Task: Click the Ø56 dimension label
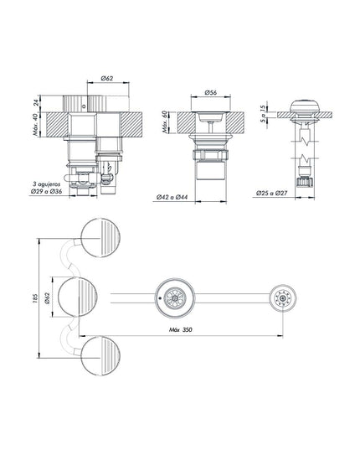pos(211,92)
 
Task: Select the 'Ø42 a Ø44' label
pos(172,197)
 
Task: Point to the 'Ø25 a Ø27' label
pos(272,193)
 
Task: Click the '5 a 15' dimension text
pos(263,114)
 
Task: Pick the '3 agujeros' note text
pos(46,184)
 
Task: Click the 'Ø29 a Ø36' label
pos(46,191)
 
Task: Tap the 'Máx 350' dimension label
pos(181,330)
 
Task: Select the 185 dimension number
pos(35,298)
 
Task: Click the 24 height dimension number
pos(36,102)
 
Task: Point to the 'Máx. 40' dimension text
pos(35,125)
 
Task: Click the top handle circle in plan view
pos(100,238)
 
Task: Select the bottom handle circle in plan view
pos(100,356)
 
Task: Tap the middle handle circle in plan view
pos(77,297)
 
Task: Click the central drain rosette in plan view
pos(175,298)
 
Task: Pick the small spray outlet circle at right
pos(283,298)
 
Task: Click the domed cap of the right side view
pos(305,106)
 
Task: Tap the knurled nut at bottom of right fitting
pos(305,182)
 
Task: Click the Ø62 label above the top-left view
pos(107,78)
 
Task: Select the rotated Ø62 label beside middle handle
pos(47,298)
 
